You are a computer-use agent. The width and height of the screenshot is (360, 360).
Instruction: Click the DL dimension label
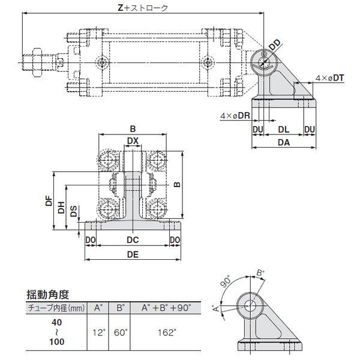[284, 129]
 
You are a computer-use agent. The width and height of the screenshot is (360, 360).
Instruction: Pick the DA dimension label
[284, 143]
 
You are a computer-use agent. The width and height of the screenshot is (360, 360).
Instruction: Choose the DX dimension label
[133, 141]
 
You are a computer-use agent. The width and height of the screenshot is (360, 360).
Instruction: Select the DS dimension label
[73, 212]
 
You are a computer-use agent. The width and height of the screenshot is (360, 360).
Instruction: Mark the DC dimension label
[133, 240]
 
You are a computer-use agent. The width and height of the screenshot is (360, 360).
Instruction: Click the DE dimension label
[133, 254]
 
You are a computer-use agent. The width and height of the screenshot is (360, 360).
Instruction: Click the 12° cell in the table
[98, 331]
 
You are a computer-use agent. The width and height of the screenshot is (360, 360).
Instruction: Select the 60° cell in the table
[121, 331]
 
